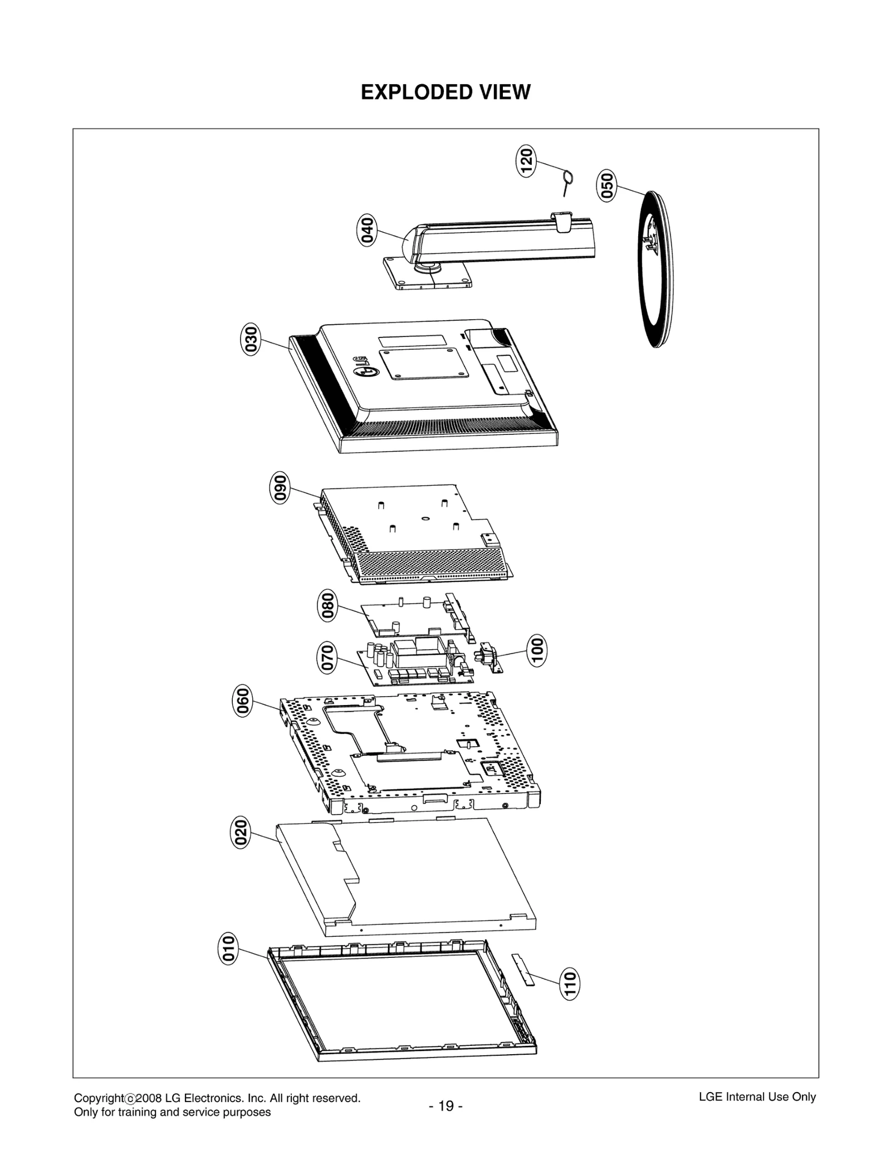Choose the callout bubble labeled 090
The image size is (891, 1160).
[x=280, y=487]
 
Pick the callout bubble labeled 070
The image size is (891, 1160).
[x=328, y=657]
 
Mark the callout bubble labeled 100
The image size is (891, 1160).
[x=537, y=650]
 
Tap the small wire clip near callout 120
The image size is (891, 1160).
[x=567, y=182]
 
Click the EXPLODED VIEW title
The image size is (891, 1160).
[x=445, y=92]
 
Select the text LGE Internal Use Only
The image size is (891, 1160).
[x=757, y=1097]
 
